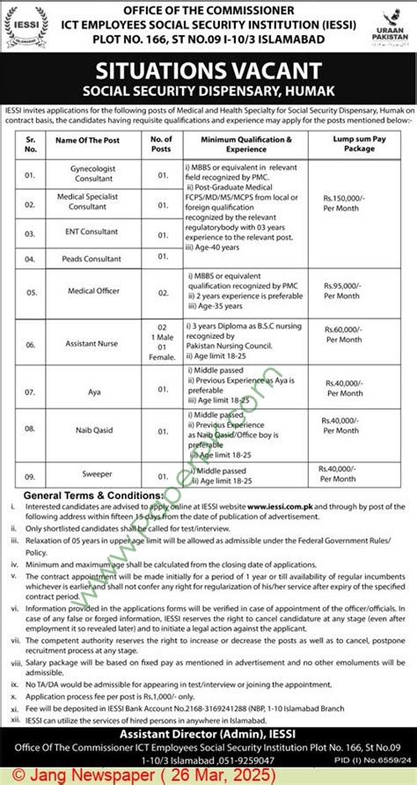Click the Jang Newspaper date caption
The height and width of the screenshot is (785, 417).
106,774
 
